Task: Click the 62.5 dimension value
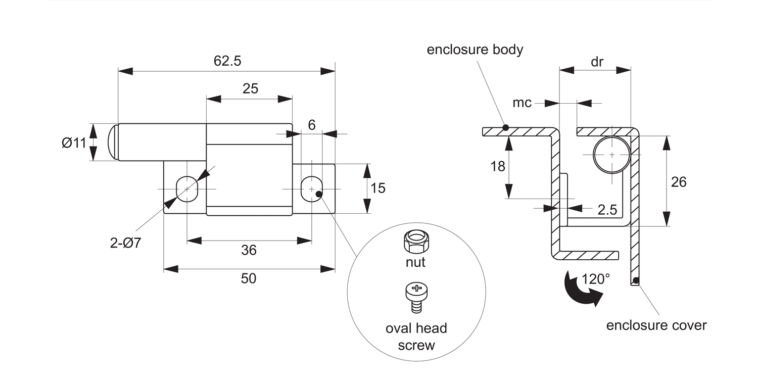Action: tap(227, 61)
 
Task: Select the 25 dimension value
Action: tap(250, 89)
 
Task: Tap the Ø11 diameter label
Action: tap(74, 143)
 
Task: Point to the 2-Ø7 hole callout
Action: tap(125, 243)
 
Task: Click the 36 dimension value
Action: tap(249, 250)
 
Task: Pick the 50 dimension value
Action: tap(249, 278)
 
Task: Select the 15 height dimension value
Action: tap(377, 188)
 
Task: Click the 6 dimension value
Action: tap(311, 125)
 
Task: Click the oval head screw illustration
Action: tap(416, 297)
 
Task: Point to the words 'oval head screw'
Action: tap(416, 337)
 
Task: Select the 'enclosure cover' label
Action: tap(656, 325)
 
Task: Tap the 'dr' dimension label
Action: tap(597, 62)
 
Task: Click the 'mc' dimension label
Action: tap(522, 103)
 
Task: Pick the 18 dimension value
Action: tap(498, 166)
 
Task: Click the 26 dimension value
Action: tap(679, 182)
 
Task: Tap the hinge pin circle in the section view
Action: tap(611, 154)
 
